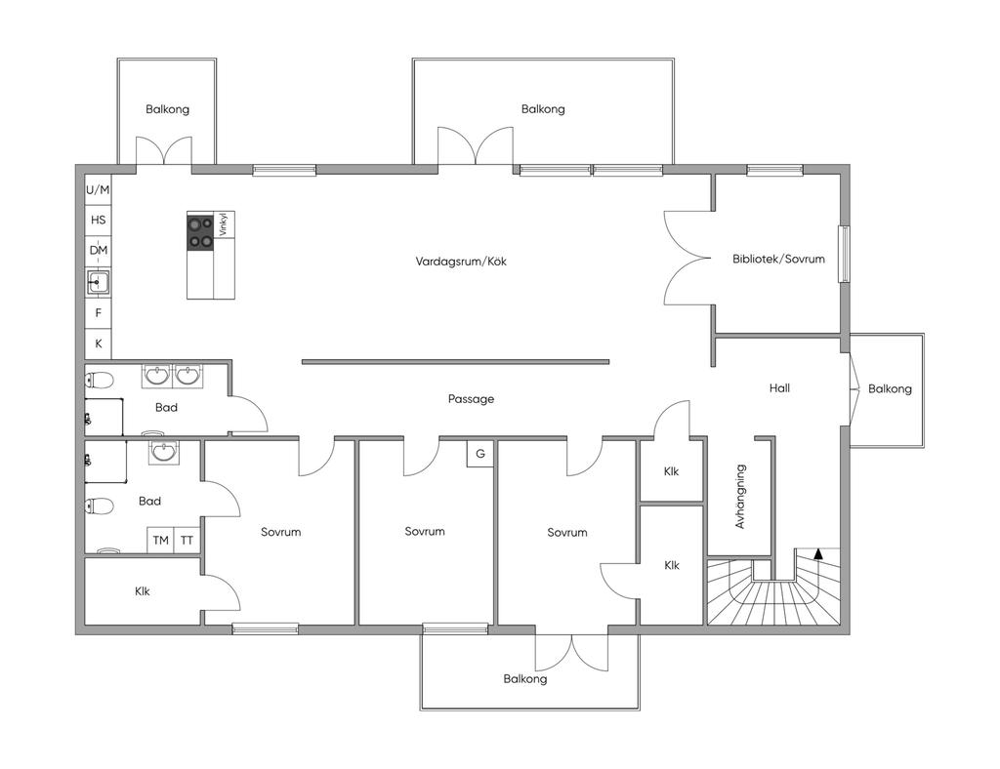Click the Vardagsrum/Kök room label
pos(461,262)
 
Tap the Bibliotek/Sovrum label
pos(778,259)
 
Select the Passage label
pos(471,399)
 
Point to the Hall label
pos(779,388)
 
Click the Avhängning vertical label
pos(740,497)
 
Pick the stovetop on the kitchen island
pos(200,232)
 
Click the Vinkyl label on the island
pos(223,224)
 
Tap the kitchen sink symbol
pos(98,281)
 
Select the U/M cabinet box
pos(99,190)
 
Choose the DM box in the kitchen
pos(99,251)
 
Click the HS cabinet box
pos(99,221)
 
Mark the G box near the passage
pos(480,454)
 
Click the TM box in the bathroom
pos(161,541)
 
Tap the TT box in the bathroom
pos(187,541)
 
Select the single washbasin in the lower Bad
pos(164,452)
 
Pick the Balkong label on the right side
pos(890,388)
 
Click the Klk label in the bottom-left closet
pos(143,591)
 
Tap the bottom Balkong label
pos(524,679)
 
